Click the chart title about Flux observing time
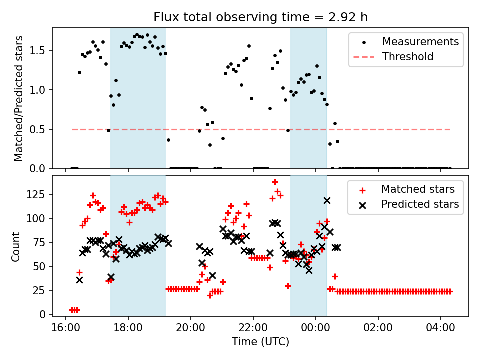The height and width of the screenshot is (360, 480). [260, 17]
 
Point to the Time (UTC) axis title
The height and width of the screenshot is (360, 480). [260, 342]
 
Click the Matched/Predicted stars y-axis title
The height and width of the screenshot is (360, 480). [19, 98]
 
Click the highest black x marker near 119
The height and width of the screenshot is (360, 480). [327, 200]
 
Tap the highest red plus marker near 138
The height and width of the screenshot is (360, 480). [275, 182]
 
